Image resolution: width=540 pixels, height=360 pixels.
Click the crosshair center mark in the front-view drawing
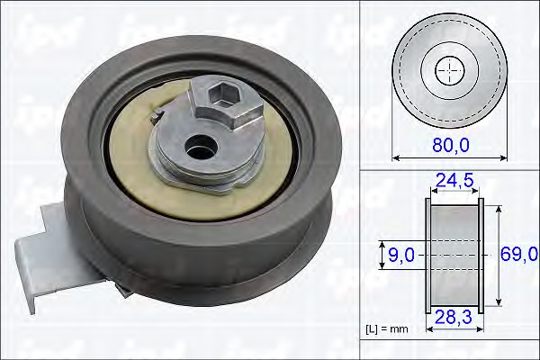pos(449,68)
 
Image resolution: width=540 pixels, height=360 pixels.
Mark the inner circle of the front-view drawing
pos(449,68)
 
